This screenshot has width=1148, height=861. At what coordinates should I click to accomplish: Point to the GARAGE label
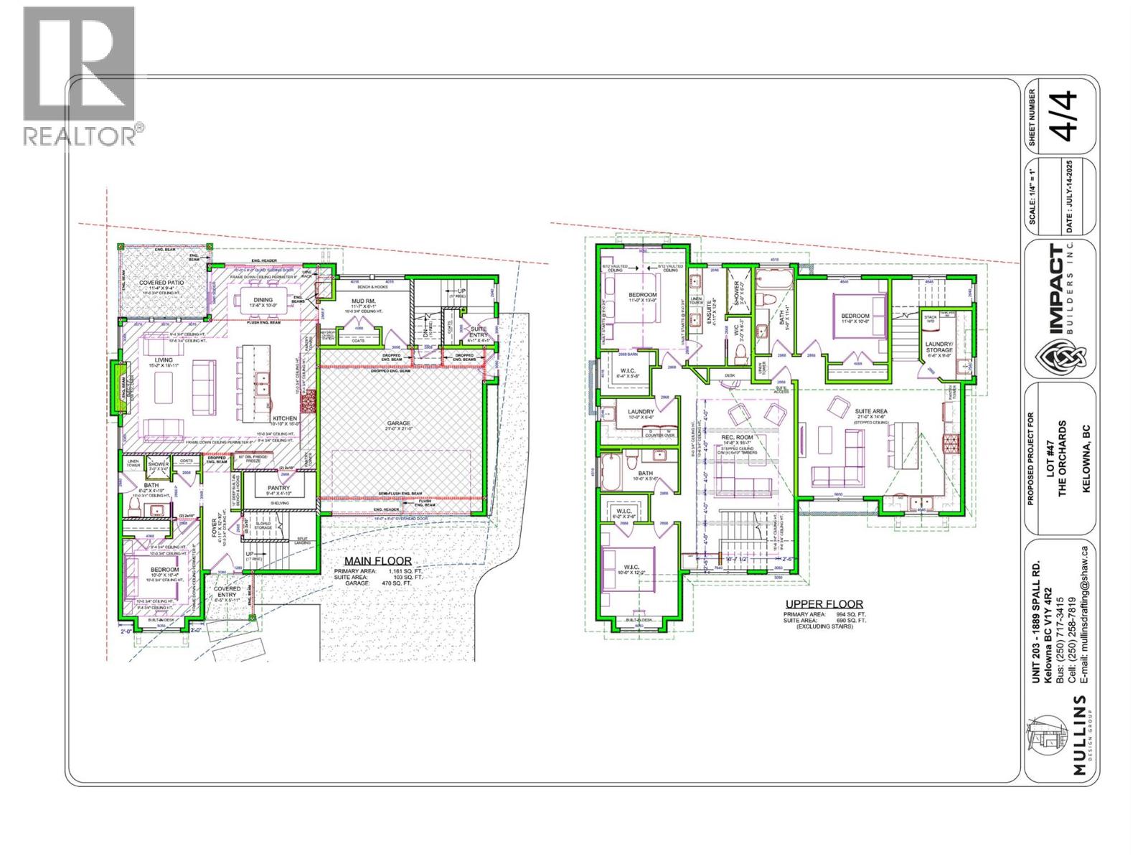[398, 423]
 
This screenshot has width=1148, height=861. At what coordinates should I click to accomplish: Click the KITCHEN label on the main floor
[284, 418]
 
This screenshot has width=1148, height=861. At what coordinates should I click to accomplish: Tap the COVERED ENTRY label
[227, 589]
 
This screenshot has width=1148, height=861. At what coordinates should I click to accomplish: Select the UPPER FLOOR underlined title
[824, 604]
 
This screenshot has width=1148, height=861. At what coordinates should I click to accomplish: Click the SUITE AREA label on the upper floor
[871, 412]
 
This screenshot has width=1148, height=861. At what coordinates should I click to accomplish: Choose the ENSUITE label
[710, 313]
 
